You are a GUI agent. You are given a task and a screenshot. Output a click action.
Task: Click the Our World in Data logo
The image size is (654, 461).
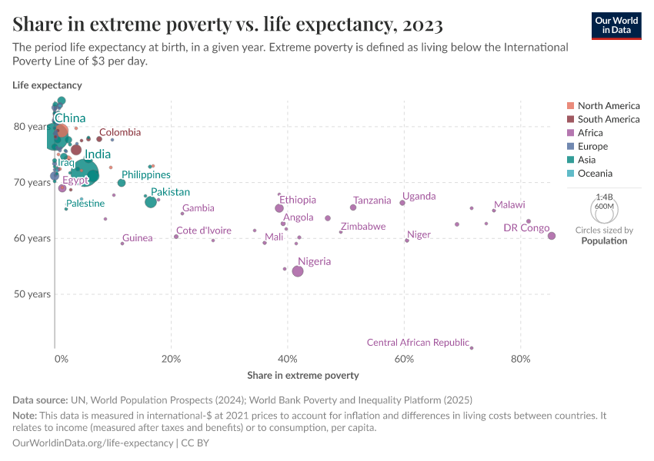[616, 25]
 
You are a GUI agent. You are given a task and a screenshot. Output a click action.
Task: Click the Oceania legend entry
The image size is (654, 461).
[593, 174]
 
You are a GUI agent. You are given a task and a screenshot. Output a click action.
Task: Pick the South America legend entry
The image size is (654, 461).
[608, 119]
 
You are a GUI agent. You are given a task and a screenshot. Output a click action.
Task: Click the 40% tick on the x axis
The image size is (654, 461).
[288, 359]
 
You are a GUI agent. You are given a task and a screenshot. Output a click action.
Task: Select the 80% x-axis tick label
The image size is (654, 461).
[521, 359]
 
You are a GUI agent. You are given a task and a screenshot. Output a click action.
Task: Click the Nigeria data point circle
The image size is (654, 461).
[298, 271]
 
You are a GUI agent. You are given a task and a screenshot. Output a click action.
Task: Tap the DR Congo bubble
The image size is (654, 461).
[552, 236]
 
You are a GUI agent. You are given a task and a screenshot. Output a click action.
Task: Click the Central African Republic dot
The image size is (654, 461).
[472, 348]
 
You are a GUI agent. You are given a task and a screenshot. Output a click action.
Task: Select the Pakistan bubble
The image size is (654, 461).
[151, 201]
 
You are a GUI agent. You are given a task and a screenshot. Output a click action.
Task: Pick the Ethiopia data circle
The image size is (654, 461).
[279, 208]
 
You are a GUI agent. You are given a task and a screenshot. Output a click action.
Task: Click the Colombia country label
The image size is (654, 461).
[119, 132]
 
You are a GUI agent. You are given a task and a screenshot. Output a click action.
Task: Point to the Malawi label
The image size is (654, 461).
[509, 205]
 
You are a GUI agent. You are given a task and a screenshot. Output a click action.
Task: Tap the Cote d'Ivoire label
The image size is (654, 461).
[203, 230]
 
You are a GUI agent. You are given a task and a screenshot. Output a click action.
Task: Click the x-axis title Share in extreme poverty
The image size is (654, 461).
[302, 376]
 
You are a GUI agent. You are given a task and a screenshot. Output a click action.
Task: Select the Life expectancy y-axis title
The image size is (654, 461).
[47, 85]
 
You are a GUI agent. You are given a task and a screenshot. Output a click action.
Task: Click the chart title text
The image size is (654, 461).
[227, 25]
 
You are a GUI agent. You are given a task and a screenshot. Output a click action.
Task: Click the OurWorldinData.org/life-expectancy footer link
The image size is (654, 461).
[93, 443]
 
